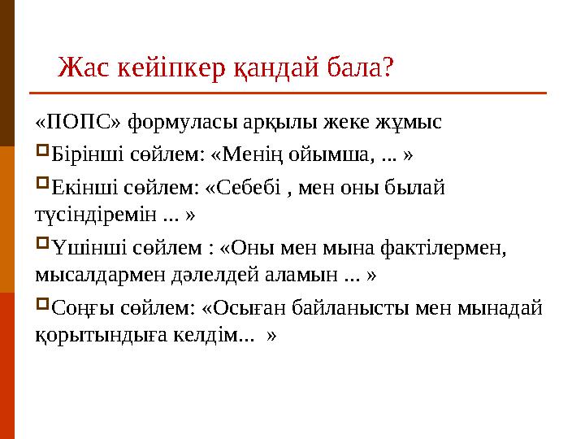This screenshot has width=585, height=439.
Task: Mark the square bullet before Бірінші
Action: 42,152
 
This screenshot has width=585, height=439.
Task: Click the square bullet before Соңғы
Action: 42,306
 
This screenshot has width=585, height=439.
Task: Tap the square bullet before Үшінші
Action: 42,245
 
